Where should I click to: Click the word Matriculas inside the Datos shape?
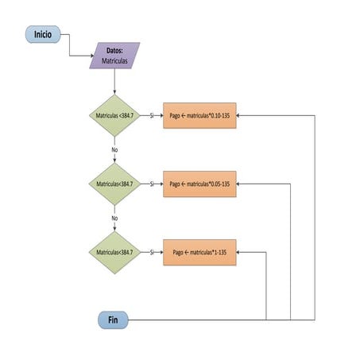click(x=114, y=60)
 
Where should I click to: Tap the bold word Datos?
click(x=114, y=50)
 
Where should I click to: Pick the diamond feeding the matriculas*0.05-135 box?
click(x=114, y=184)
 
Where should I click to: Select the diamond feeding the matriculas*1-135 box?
click(x=114, y=252)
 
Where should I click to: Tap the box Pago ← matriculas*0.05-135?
click(x=199, y=184)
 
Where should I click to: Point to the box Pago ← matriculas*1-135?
click(x=199, y=252)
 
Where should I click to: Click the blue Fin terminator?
click(x=113, y=319)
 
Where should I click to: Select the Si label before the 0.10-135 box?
click(x=151, y=114)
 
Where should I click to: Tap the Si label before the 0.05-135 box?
click(x=151, y=184)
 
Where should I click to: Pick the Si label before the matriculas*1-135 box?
click(x=151, y=252)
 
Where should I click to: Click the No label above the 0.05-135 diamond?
click(x=114, y=149)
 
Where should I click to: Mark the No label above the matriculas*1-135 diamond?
click(x=114, y=218)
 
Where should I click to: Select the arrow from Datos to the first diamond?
click(x=114, y=81)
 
